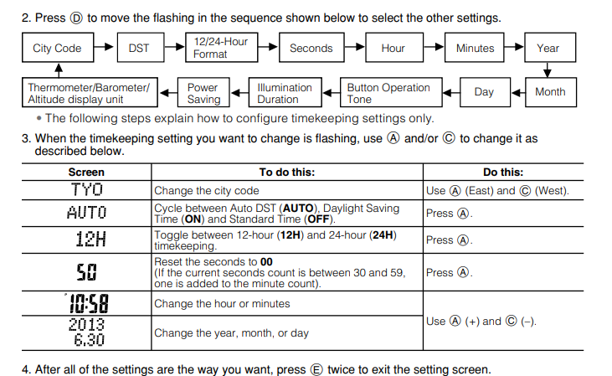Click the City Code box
(57, 49)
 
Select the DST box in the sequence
(139, 49)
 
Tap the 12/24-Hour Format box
(221, 48)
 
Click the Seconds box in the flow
(311, 49)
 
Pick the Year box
(548, 49)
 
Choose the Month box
(550, 92)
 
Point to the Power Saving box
(203, 93)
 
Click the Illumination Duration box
(285, 93)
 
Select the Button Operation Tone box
(388, 93)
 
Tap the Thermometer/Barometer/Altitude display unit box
(89, 93)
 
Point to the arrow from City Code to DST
(103, 49)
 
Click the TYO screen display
(87, 190)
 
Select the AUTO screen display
(87, 213)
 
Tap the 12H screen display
(87, 240)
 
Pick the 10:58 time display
(87, 303)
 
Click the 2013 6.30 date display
(87, 332)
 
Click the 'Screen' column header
(87, 173)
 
